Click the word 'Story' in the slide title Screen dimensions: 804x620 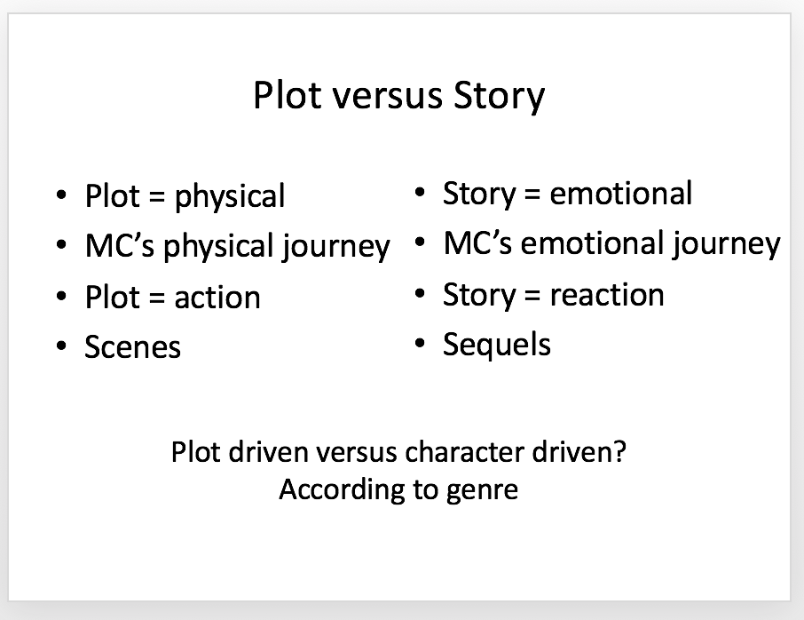(499, 97)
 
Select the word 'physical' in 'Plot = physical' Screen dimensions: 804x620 (230, 196)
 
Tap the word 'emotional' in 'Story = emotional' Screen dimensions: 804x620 (621, 193)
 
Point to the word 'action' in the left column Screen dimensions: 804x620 (217, 298)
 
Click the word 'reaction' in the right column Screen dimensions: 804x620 (607, 295)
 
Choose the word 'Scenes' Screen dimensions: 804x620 (133, 347)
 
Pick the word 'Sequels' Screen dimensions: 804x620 (497, 345)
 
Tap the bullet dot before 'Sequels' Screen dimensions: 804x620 (420, 344)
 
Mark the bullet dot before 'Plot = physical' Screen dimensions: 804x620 (61, 195)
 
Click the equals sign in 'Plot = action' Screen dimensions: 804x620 (157, 298)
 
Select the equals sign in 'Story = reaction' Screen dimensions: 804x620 (532, 295)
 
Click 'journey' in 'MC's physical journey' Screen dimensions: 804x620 (335, 246)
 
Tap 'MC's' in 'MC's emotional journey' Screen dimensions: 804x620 (478, 242)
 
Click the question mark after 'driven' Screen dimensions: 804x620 (620, 451)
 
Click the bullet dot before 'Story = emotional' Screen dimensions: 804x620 (420, 193)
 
